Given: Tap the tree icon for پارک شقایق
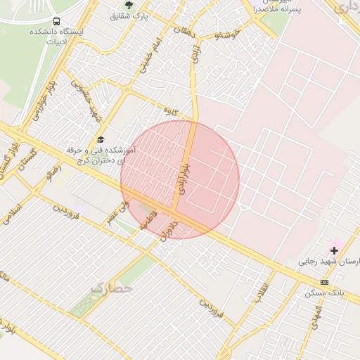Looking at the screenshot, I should click(128, 5).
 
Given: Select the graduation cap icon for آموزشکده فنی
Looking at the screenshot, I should click(100, 139).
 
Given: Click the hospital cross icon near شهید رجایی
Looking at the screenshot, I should click(334, 250).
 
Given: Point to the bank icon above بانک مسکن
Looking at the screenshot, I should click(324, 281).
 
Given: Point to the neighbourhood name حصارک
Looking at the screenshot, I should click(111, 287).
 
